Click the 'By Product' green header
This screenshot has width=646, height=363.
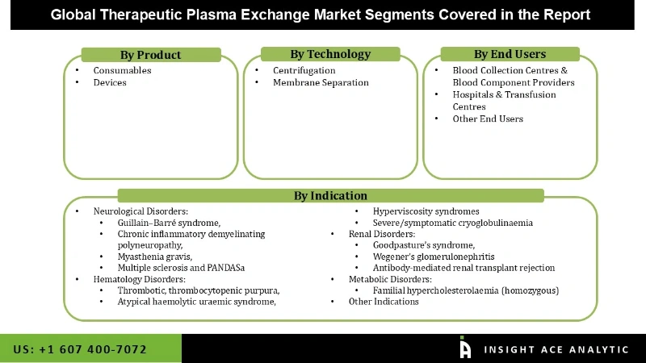click(150, 55)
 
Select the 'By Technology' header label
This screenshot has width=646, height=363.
click(330, 54)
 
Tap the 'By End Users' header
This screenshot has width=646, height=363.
click(510, 54)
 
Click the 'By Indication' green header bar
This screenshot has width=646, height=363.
click(330, 195)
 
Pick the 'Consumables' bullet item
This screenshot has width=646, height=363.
click(122, 70)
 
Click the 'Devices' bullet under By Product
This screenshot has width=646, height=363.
click(110, 82)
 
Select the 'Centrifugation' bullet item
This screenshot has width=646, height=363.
click(304, 70)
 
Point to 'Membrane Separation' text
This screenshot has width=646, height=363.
click(321, 82)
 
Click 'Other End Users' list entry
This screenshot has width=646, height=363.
click(488, 119)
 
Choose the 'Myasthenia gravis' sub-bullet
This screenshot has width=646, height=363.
click(155, 256)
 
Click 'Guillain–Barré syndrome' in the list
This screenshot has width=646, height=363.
click(169, 223)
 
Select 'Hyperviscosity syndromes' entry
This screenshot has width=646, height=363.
click(426, 211)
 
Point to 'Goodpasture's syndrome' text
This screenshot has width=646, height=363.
click(423, 244)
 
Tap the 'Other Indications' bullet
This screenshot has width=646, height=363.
click(384, 301)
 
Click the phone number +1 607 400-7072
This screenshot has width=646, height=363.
click(80, 349)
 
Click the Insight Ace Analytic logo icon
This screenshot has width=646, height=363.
click(465, 348)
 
